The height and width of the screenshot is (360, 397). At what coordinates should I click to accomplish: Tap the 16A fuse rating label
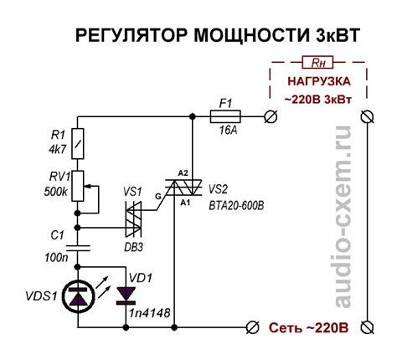(225, 131)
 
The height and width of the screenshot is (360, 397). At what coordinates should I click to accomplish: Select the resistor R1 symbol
(77, 145)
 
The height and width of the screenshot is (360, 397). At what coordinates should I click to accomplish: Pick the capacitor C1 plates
(77, 244)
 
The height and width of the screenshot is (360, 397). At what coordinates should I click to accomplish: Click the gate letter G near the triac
(155, 197)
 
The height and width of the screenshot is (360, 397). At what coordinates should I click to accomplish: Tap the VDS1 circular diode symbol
(77, 295)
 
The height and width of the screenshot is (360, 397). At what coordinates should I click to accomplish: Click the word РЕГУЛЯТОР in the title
(121, 35)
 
